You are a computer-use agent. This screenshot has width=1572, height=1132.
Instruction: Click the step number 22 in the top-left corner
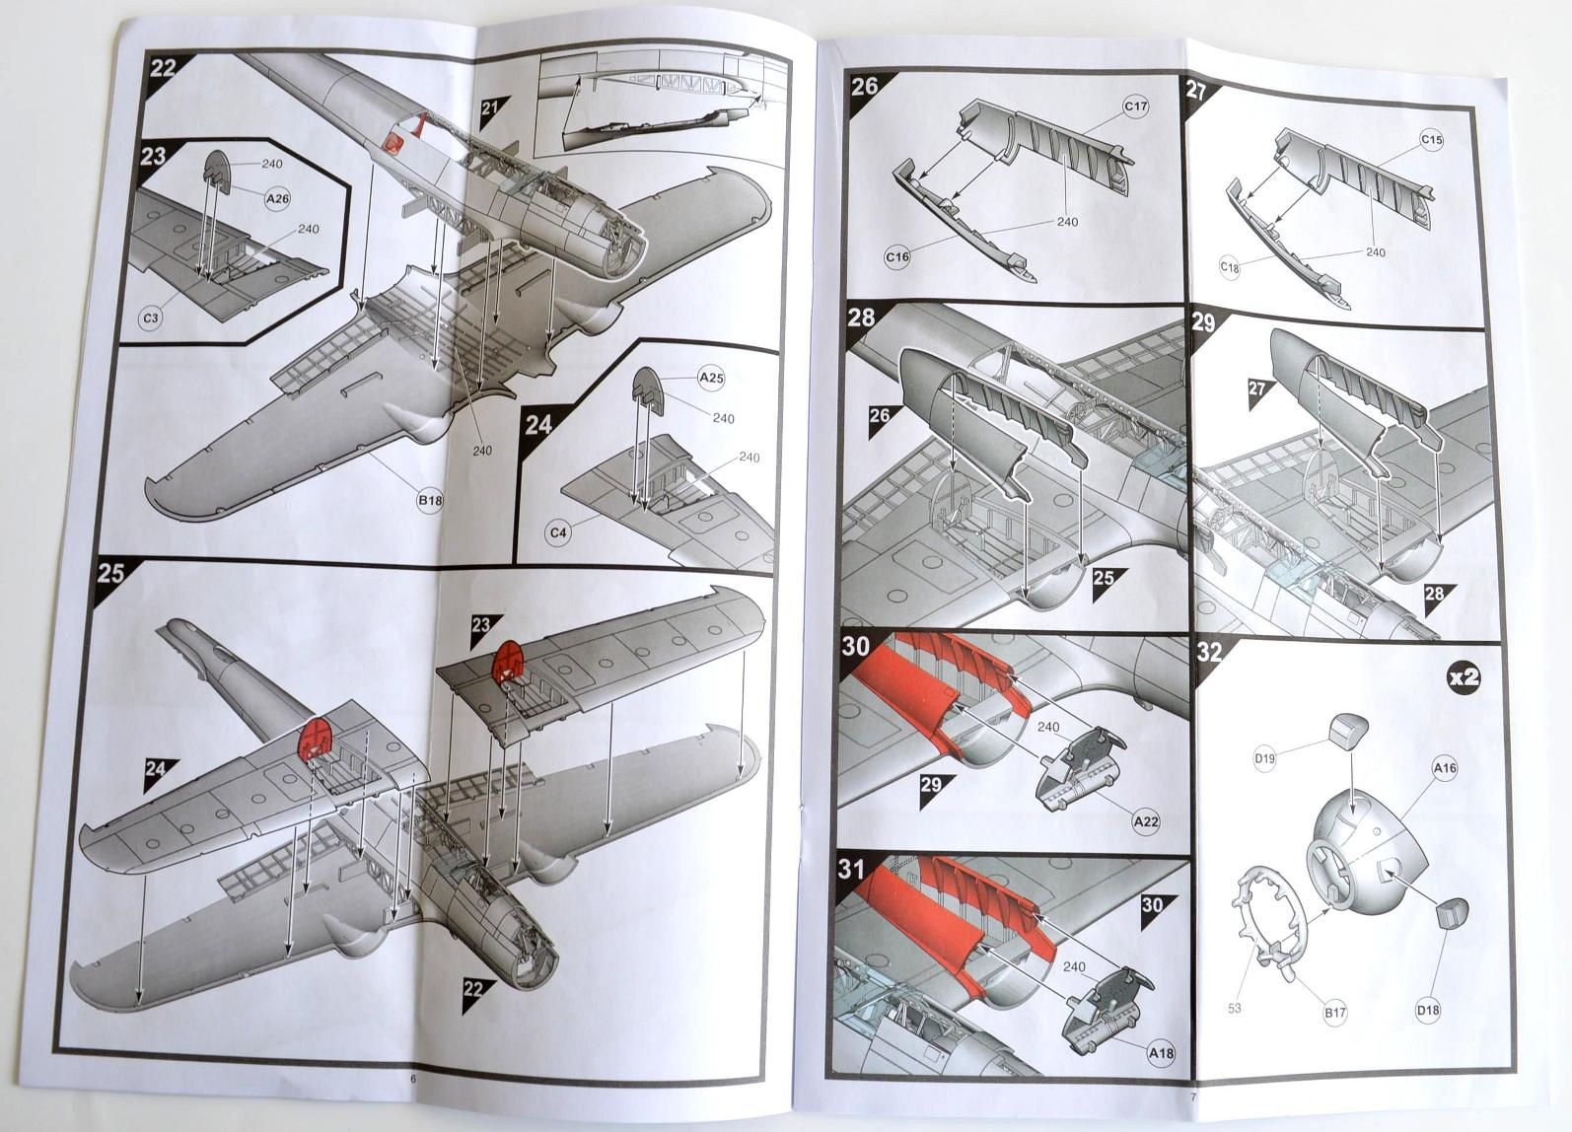pos(163,68)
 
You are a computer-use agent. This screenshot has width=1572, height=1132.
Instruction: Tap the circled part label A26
pos(278,198)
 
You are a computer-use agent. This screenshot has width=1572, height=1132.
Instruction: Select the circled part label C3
pos(151,318)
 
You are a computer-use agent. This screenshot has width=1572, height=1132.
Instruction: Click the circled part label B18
pos(430,500)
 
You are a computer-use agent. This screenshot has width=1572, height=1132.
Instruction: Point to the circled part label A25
pos(711,378)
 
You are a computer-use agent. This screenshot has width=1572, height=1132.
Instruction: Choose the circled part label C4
pos(558,532)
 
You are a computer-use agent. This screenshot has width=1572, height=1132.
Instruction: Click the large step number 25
pos(111,573)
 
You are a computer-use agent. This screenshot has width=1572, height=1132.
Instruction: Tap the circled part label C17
pos(1136,106)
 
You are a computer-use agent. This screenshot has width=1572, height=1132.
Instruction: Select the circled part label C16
pos(897,257)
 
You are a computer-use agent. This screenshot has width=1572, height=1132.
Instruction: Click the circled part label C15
pos(1431,140)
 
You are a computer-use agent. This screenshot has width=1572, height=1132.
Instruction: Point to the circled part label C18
pos(1230,267)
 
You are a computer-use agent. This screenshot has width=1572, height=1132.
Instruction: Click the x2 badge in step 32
pos(1464,676)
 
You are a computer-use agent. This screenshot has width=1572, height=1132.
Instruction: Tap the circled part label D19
pos(1264,758)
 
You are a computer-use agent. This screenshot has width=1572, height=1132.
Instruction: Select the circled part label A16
pos(1444,767)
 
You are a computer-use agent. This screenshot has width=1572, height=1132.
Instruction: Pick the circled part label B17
pos(1335,1013)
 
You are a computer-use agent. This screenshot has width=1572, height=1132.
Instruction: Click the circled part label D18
pos(1428,1010)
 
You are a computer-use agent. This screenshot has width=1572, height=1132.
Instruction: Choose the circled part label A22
pos(1146,821)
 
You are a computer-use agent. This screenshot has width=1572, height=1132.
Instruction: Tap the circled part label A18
pos(1161,1053)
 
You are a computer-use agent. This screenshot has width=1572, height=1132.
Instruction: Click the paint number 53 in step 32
pos(1234,1009)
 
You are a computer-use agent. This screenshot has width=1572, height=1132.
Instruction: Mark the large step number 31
pos(851,869)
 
